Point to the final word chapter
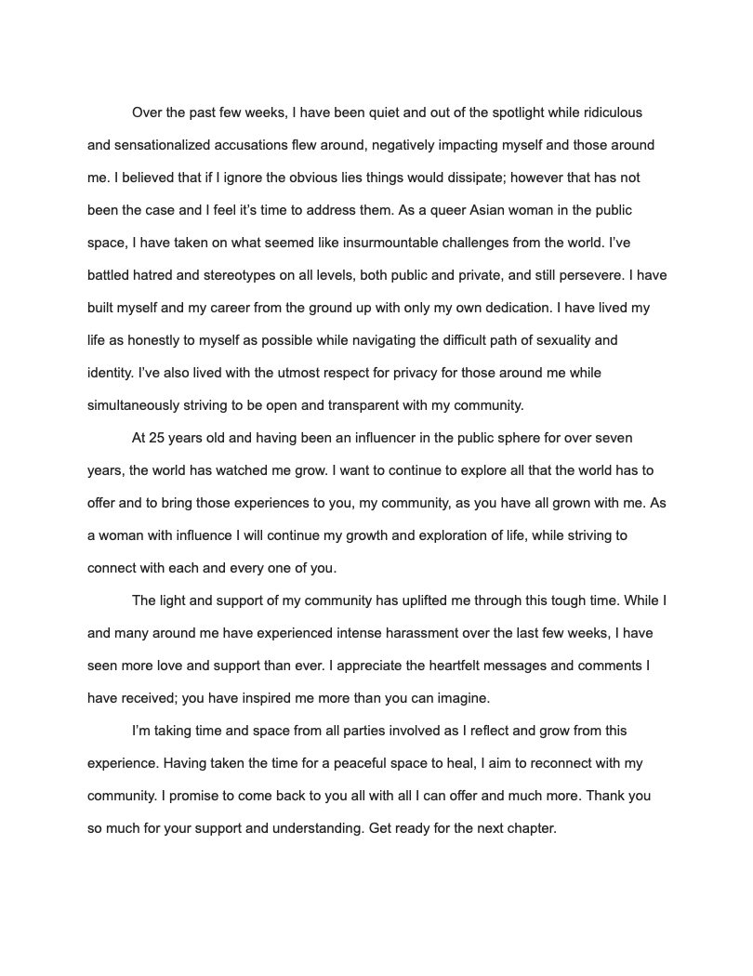click(530, 828)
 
